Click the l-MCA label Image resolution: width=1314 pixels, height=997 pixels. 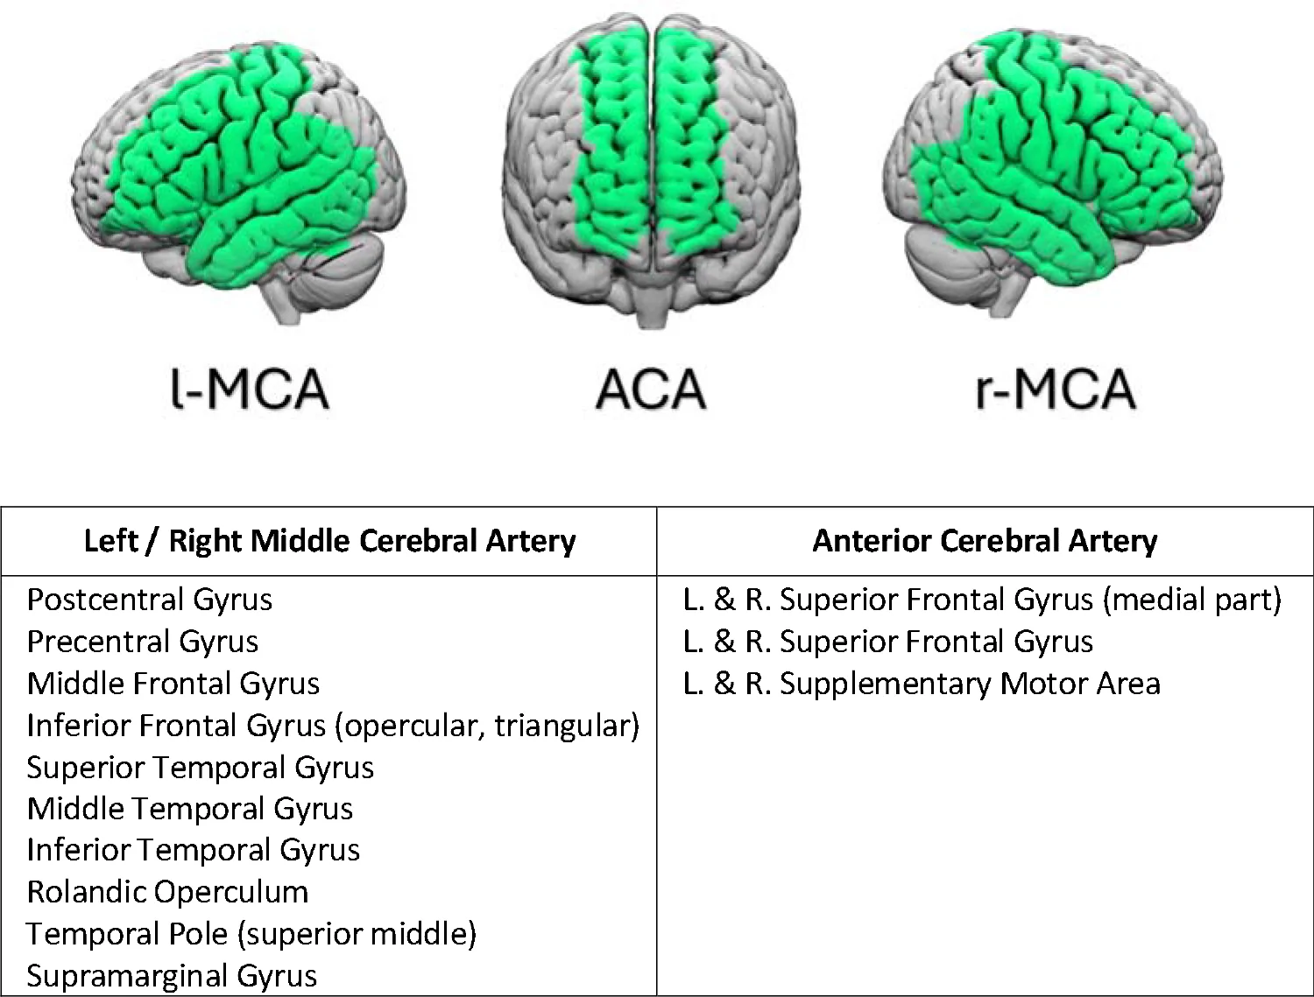[x=250, y=389]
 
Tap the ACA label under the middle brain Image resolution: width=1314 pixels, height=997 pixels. [x=651, y=390]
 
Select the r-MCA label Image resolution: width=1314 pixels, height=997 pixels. [x=1055, y=389]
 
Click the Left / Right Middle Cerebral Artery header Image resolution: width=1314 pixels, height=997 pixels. [x=329, y=541]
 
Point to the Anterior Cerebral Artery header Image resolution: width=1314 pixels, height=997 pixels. [x=985, y=541]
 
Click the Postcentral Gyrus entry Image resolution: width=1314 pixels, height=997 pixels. [x=150, y=600]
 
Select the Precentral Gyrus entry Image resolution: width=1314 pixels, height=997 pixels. [x=143, y=641]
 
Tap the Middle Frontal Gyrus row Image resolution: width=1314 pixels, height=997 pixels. [x=173, y=683]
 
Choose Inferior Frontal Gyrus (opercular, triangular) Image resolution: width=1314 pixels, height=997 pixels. [x=334, y=726]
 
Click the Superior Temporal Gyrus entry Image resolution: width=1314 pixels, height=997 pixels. [x=200, y=767]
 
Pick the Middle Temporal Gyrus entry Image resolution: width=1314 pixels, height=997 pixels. [x=190, y=809]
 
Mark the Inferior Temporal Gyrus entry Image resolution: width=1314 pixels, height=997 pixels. [x=194, y=850]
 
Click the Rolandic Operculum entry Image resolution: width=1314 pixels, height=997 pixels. [x=167, y=892]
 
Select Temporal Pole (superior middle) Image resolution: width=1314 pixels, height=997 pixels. [x=251, y=934]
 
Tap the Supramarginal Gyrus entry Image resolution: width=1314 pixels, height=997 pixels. [x=172, y=975]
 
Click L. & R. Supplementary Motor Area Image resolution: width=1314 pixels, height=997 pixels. [x=922, y=683]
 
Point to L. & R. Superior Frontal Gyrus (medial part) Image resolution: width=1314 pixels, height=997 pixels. [x=982, y=600]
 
